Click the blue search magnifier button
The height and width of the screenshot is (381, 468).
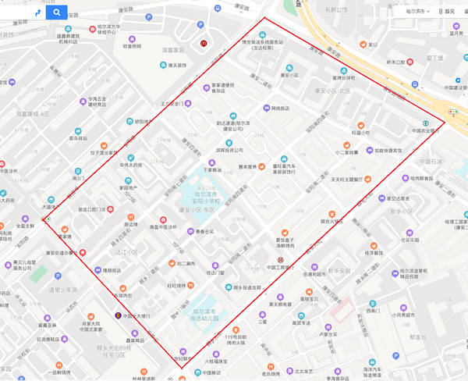(x=56, y=12)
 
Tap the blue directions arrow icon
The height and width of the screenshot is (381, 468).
(x=37, y=12)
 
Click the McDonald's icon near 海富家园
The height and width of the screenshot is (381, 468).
(x=204, y=43)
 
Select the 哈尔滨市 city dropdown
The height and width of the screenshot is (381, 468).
(x=417, y=12)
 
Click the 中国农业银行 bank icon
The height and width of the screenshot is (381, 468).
(x=426, y=123)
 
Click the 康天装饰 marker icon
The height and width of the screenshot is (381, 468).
(x=163, y=65)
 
